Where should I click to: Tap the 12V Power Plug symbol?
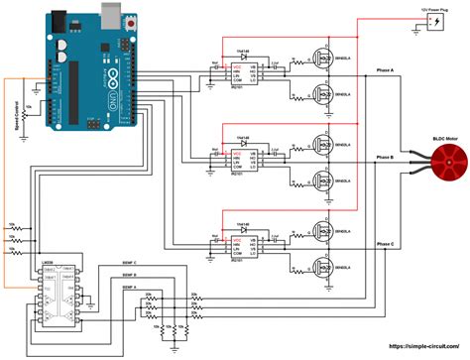(x=438, y=21)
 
